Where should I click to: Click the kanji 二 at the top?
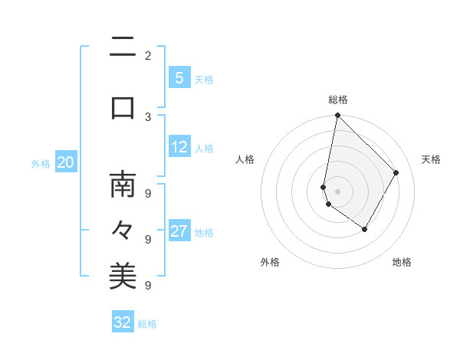[123, 50]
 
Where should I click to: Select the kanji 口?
[123, 107]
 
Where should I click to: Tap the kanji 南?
[123, 184]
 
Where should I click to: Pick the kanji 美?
[123, 276]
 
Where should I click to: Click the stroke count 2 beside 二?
[147, 55]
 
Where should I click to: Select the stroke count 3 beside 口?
[147, 116]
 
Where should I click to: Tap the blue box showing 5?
[179, 78]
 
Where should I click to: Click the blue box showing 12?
[179, 147]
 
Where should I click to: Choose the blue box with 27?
[179, 231]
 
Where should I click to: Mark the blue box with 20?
[65, 162]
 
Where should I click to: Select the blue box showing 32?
[123, 322]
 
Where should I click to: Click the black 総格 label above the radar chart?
[338, 100]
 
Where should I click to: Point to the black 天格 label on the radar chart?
[431, 159]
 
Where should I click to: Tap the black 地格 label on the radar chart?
[402, 262]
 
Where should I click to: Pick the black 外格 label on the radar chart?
[270, 262]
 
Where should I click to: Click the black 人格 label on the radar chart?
[245, 159]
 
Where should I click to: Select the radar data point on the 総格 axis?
[337, 116]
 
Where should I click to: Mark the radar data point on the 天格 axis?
[396, 172]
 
